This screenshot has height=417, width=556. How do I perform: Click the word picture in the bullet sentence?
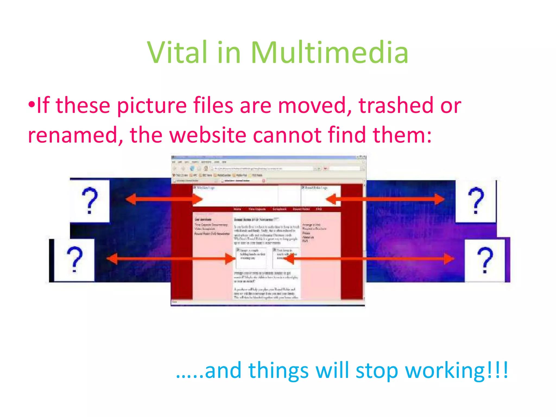[x=152, y=106]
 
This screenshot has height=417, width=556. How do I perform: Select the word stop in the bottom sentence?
[x=376, y=371]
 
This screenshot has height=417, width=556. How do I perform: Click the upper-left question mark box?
[x=90, y=201]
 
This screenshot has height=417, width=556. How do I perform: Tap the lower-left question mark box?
[x=74, y=260]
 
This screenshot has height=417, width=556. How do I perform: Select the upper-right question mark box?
[x=476, y=201]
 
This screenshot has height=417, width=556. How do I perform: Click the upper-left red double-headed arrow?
[x=164, y=199]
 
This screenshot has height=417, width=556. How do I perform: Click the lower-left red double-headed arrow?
[x=171, y=259]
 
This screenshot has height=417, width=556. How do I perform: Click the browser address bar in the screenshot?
[x=262, y=169]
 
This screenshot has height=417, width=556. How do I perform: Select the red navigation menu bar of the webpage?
[x=277, y=209]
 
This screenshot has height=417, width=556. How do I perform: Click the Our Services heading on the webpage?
[x=203, y=219]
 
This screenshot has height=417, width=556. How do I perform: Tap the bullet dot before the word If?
[x=32, y=105]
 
